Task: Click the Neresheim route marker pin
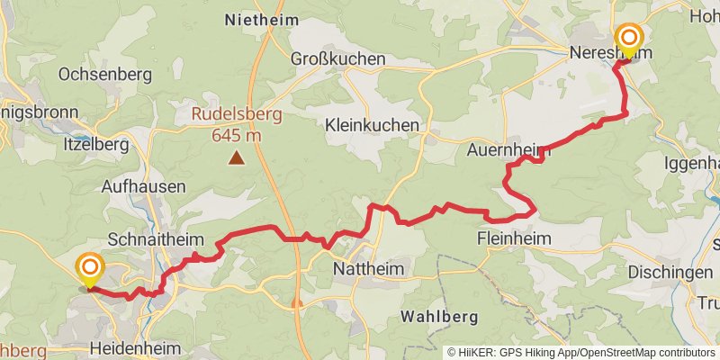click(628, 40)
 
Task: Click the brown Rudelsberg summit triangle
click(236, 158)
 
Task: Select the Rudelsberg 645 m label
click(236, 125)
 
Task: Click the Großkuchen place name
click(337, 58)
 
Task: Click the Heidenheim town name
click(135, 347)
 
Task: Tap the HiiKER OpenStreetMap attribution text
click(581, 352)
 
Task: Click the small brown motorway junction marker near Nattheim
click(297, 303)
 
